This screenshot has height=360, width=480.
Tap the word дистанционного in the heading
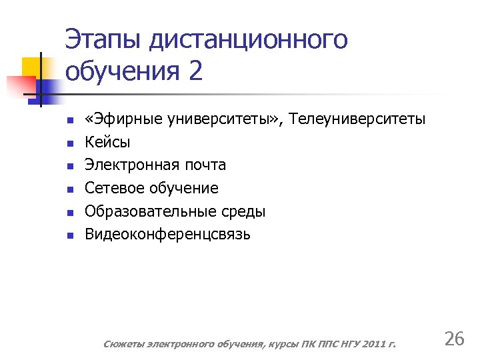pyautogui.click(x=249, y=40)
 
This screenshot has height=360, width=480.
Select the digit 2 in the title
pyautogui.click(x=195, y=71)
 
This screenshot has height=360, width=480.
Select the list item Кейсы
pyautogui.click(x=107, y=142)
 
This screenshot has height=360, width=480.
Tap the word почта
pyautogui.click(x=204, y=165)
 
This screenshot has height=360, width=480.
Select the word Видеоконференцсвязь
pyautogui.click(x=167, y=234)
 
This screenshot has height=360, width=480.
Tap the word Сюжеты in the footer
pyautogui.click(x=122, y=344)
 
